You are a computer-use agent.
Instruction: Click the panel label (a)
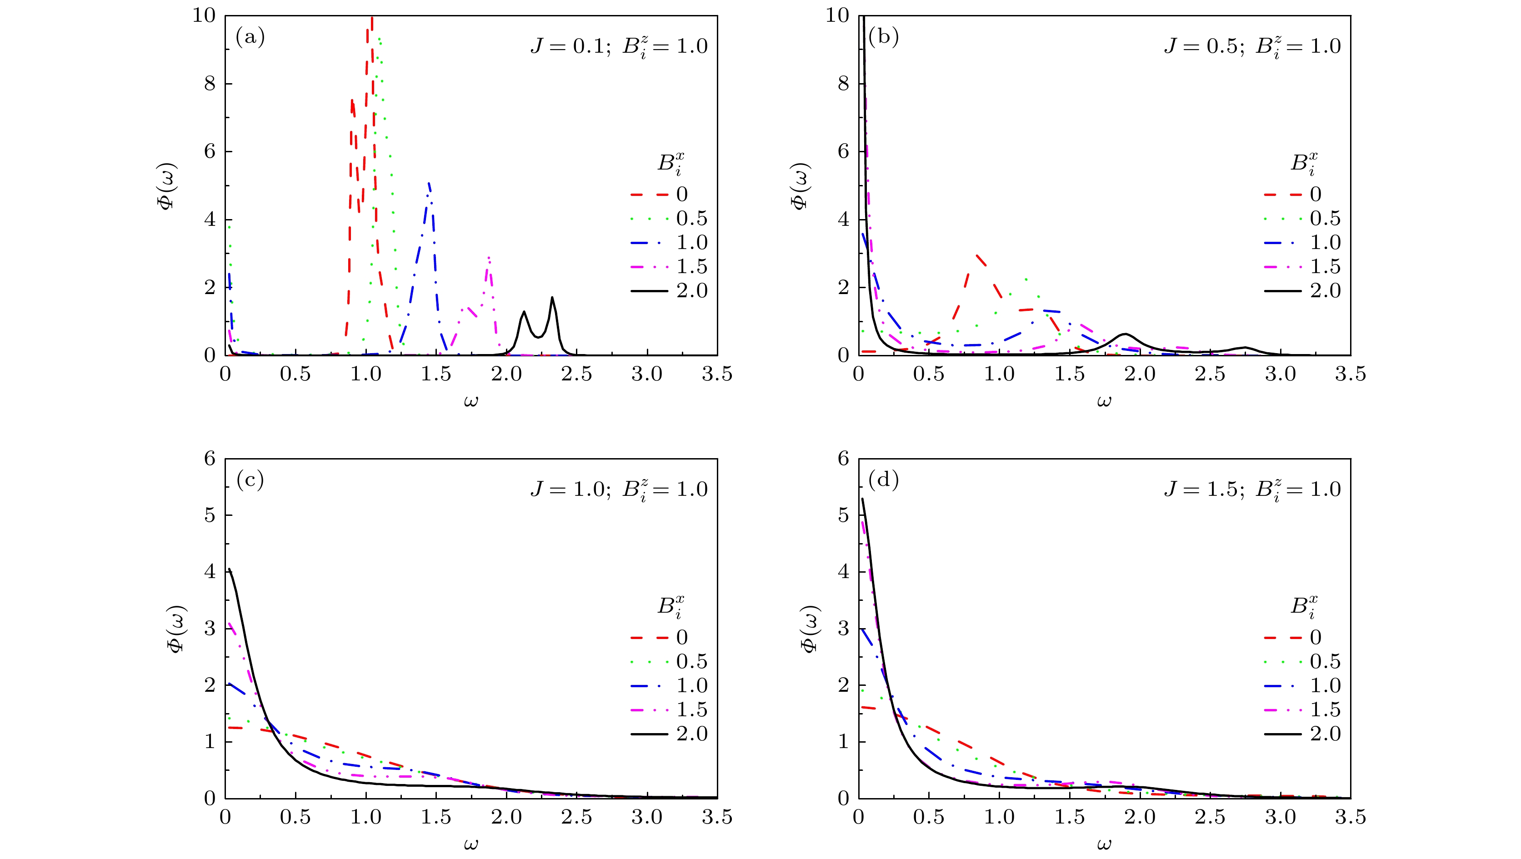[x=250, y=38]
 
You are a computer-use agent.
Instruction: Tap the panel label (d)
[x=883, y=480]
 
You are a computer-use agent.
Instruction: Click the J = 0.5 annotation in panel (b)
[x=1201, y=46]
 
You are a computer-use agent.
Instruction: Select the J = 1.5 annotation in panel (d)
[x=1201, y=489]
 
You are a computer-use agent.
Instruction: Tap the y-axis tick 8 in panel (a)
[x=210, y=84]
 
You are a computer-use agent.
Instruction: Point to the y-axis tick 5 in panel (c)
[x=210, y=515]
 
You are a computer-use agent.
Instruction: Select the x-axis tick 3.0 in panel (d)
[x=1280, y=817]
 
